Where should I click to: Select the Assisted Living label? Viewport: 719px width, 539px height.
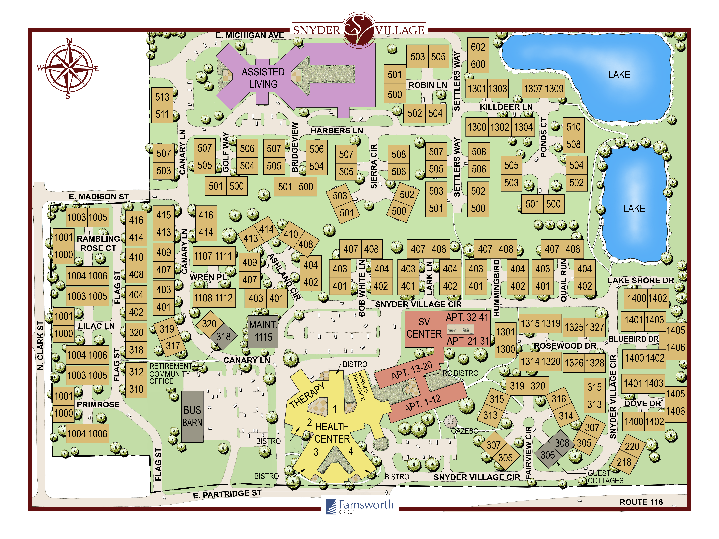coord(263,78)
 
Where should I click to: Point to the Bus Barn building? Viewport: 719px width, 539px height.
coord(192,417)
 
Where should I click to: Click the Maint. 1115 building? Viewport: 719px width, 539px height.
coord(263,331)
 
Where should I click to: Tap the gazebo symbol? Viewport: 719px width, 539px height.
coord(450,422)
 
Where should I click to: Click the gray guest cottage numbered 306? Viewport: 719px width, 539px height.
coord(548,455)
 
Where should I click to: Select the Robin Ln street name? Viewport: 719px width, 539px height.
coord(428,85)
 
